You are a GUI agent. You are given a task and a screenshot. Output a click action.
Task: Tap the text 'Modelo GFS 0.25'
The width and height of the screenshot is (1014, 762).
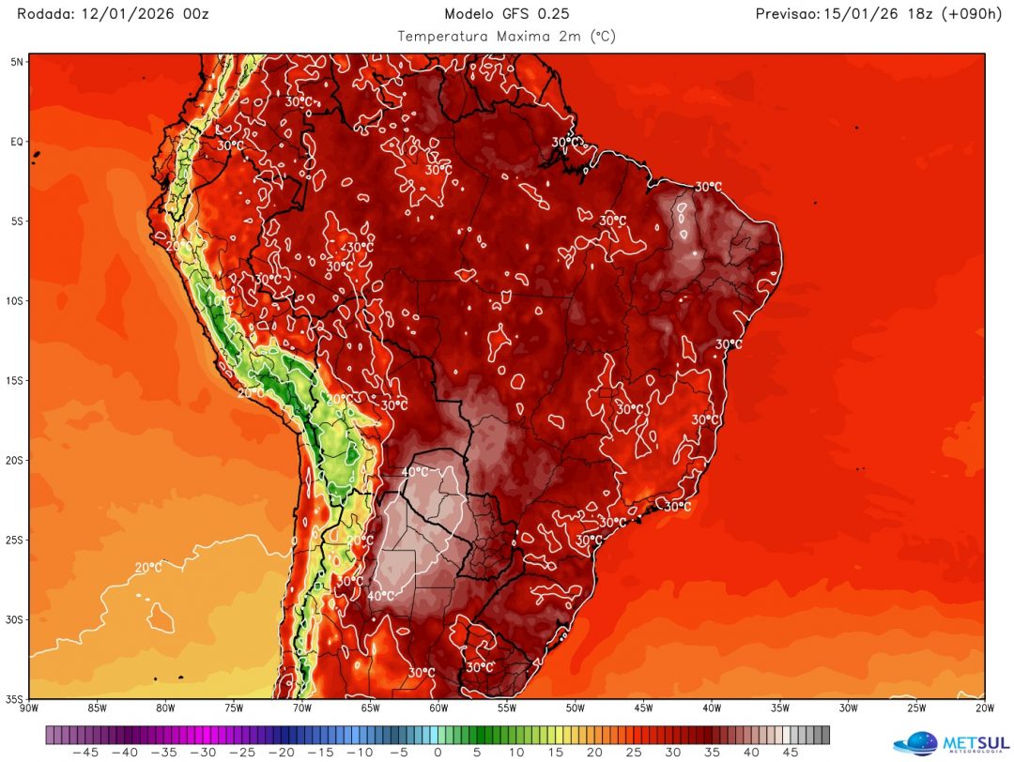pyautogui.click(x=506, y=13)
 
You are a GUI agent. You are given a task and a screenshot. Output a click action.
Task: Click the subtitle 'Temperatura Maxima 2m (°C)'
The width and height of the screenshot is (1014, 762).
pyautogui.click(x=506, y=37)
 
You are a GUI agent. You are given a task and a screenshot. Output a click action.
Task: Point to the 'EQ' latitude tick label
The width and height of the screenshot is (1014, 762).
pyautogui.click(x=17, y=142)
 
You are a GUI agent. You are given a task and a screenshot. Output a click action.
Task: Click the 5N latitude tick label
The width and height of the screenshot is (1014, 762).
pyautogui.click(x=17, y=61)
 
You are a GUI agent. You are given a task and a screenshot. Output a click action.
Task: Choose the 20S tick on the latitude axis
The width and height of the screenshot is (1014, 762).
pyautogui.click(x=16, y=461)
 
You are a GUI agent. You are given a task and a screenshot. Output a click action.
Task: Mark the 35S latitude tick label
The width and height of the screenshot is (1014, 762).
pyautogui.click(x=16, y=699)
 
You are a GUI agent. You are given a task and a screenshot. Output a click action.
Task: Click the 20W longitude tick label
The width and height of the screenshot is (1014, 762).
pyautogui.click(x=985, y=709)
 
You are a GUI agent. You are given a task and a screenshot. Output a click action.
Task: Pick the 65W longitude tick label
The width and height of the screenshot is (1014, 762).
pyautogui.click(x=371, y=709)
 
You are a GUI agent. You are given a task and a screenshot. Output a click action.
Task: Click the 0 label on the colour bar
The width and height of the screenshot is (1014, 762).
pyautogui.click(x=438, y=752)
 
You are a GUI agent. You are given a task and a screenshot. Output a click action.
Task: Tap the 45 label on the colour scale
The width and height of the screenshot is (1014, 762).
pyautogui.click(x=791, y=752)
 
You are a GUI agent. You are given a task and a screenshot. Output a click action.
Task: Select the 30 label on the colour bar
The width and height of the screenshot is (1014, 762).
pyautogui.click(x=672, y=752)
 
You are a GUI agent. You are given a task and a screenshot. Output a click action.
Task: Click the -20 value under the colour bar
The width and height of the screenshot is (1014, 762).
pyautogui.click(x=281, y=752)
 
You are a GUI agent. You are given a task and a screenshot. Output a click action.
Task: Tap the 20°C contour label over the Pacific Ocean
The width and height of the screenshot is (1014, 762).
pyautogui.click(x=148, y=568)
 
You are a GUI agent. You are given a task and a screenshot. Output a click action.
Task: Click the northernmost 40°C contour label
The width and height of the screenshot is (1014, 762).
pyautogui.click(x=415, y=471)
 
